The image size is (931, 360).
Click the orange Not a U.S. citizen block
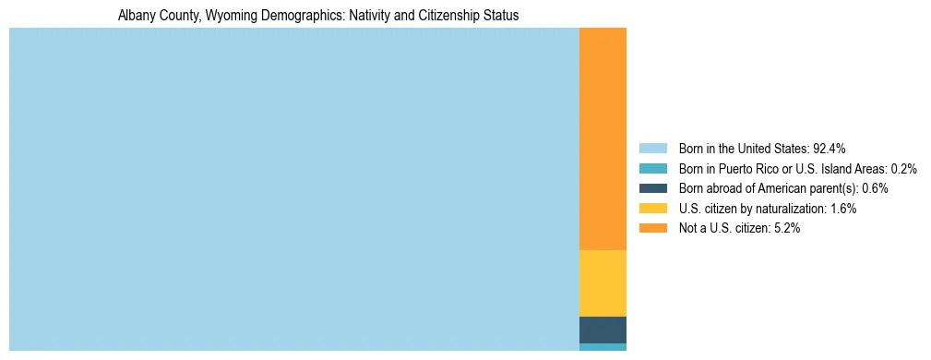click(x=603, y=138)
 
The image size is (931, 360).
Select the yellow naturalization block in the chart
click(x=603, y=283)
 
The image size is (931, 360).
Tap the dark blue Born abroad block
click(x=603, y=330)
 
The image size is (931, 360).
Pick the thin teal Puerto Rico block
click(x=603, y=347)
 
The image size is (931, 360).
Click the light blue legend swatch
click(x=652, y=149)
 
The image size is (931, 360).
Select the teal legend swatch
click(x=652, y=169)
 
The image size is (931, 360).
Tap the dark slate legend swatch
click(x=652, y=188)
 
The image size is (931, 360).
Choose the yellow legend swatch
click(x=652, y=209)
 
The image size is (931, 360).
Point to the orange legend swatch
click(x=652, y=228)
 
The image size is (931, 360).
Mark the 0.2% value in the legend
click(x=904, y=169)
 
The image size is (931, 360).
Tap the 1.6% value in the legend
click(x=841, y=209)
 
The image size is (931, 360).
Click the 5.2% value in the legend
click(x=784, y=228)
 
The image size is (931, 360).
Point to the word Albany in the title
click(x=136, y=16)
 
